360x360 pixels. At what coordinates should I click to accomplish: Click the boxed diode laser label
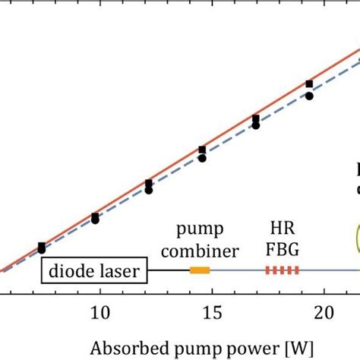tap(94, 270)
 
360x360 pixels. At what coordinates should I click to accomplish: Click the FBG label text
tap(281, 251)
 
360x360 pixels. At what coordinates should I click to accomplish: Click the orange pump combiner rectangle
tap(200, 270)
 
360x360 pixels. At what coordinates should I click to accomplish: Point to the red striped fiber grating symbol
tap(282, 270)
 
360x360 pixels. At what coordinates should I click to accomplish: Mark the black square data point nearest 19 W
tap(309, 84)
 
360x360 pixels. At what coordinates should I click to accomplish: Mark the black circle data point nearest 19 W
tap(309, 96)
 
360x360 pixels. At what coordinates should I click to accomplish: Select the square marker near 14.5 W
tap(201, 150)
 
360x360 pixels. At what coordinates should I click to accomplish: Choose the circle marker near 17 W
tap(255, 127)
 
